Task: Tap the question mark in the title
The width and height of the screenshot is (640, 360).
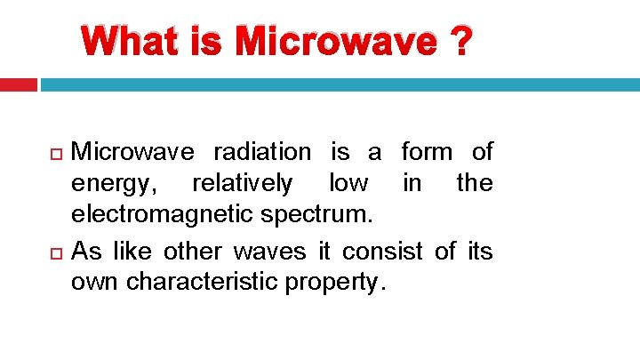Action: [460, 42]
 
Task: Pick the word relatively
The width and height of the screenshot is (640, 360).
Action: [242, 184]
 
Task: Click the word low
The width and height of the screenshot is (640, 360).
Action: [348, 184]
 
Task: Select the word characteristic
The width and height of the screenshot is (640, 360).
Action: [212, 283]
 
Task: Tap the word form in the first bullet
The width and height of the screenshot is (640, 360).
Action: [427, 152]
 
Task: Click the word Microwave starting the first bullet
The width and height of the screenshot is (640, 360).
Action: [131, 153]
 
